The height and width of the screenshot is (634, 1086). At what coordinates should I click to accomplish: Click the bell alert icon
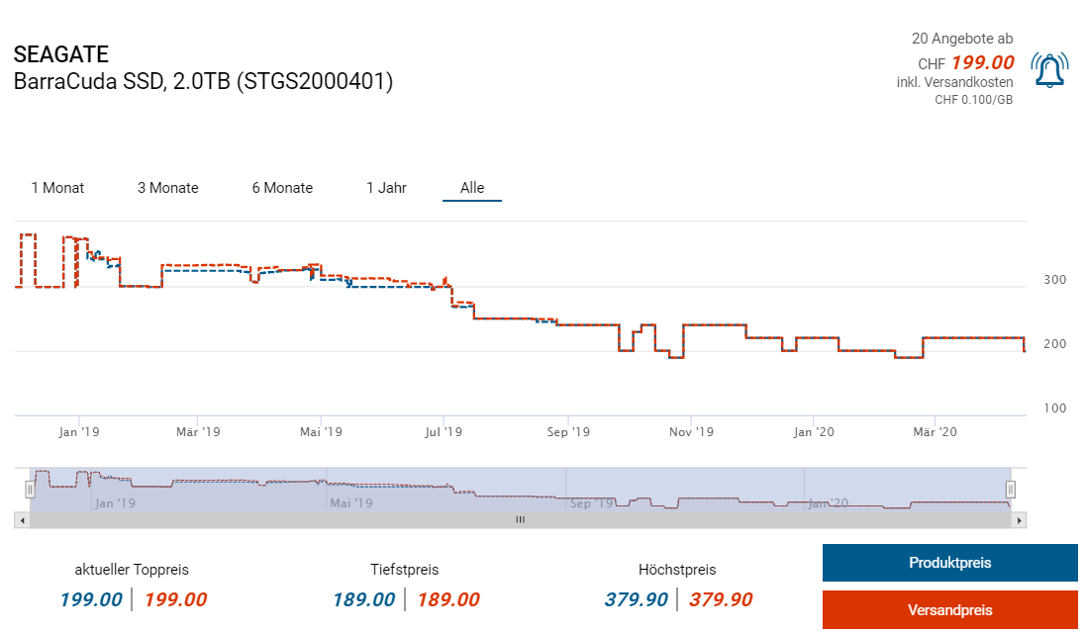coord(1049,70)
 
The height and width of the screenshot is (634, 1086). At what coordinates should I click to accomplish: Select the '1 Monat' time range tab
coord(57,188)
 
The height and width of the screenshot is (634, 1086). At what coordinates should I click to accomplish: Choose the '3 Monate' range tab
coord(167,188)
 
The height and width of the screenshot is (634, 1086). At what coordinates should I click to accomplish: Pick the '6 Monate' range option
coord(282,188)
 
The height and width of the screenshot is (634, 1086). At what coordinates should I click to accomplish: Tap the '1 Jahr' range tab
coord(386,188)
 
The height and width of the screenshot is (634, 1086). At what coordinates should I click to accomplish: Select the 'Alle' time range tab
coord(472,188)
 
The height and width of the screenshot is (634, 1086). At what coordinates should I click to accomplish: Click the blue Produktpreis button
coord(949,563)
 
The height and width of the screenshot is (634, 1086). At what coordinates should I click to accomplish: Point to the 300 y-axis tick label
coord(1054,280)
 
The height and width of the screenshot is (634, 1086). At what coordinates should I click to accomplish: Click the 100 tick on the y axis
coord(1054,408)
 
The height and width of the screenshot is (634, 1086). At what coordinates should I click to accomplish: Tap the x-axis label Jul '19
coord(444,432)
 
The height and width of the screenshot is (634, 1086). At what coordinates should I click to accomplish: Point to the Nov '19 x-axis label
coord(691,432)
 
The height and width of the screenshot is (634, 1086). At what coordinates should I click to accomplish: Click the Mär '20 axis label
coord(935,432)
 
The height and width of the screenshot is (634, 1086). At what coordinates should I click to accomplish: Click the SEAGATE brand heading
coord(61,54)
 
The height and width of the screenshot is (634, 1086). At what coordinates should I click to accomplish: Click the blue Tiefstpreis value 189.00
coord(363,599)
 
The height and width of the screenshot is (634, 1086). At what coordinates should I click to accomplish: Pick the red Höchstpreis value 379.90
coord(721,599)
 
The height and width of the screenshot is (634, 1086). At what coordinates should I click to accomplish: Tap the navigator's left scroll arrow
coord(21,519)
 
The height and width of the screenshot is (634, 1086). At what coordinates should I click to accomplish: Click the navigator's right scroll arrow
coord(1020,519)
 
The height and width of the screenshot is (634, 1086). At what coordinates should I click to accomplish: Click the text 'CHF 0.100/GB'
coord(973,99)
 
